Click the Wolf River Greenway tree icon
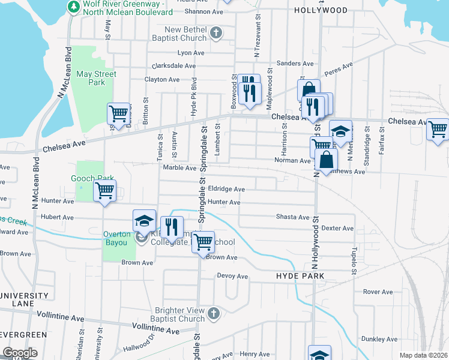tap(73, 7)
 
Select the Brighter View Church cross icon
tap(213, 313)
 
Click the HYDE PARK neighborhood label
tap(300, 276)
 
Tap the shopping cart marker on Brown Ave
tap(203, 243)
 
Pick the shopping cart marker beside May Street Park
tap(119, 113)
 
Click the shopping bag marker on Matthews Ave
tap(326, 161)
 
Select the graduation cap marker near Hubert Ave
tap(144, 220)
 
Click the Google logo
tap(20, 353)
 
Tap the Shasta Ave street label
tap(292, 217)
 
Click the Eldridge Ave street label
tap(226, 189)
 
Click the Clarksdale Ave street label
tap(174, 66)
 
